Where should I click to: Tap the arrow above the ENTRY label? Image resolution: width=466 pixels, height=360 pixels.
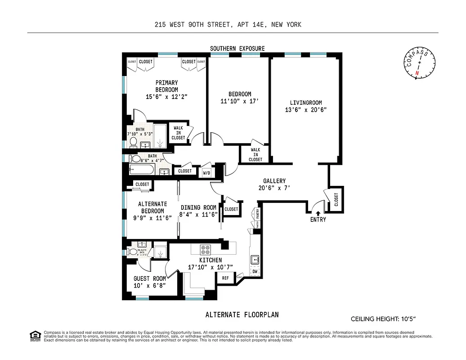[318, 213]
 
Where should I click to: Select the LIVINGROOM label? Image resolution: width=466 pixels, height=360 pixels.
[306, 103]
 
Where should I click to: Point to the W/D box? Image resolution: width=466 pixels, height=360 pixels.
[206, 172]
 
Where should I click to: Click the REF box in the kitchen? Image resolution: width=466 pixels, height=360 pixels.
[226, 279]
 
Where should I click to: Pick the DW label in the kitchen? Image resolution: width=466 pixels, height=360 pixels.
[255, 271]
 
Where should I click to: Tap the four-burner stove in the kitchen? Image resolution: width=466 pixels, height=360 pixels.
[206, 249]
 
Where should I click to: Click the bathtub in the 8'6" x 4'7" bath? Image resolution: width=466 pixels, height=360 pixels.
[142, 171]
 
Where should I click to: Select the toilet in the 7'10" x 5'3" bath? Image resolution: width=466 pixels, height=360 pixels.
[133, 142]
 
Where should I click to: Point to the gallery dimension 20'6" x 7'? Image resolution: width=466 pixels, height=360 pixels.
[274, 188]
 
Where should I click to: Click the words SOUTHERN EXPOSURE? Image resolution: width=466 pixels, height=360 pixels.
[238, 49]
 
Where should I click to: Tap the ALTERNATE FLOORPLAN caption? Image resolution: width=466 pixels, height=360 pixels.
[245, 315]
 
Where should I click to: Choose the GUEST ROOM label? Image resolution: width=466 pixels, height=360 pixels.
[149, 279]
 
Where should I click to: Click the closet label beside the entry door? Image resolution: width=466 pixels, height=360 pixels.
[336, 200]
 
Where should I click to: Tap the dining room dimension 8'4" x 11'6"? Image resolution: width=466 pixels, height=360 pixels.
[198, 215]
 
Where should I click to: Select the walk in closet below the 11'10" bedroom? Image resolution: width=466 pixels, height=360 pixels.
[255, 154]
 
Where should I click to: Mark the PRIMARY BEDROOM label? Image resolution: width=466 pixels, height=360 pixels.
[166, 86]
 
